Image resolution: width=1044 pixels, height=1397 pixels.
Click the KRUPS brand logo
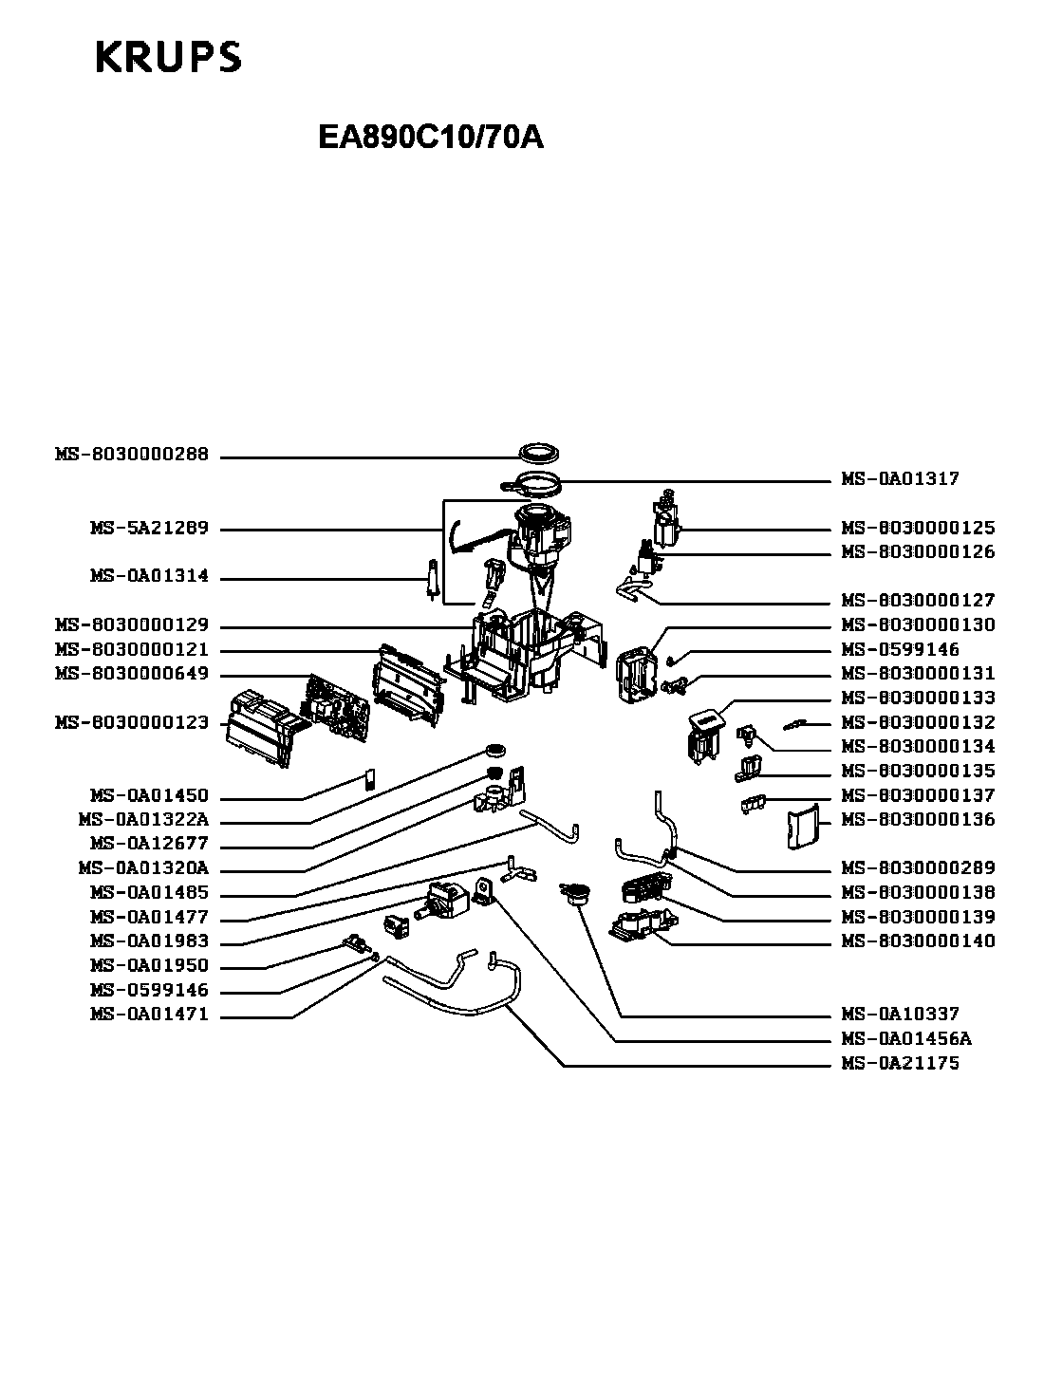pos(169,57)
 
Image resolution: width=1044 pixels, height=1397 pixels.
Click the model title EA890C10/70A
pos(431,137)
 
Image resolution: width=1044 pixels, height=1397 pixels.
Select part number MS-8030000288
pos(132,455)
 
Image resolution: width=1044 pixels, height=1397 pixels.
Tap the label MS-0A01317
pos(901,478)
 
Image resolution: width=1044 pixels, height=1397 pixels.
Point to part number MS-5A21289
pos(150,529)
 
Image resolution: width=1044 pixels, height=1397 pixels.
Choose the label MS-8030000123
pos(132,722)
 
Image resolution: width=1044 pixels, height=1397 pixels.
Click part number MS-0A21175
pos(901,1064)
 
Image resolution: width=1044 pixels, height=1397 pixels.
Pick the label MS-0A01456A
pos(906,1039)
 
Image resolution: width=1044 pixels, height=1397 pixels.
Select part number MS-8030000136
pos(918,820)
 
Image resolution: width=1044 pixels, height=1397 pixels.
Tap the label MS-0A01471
pos(150,1015)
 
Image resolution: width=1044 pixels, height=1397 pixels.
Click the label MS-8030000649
pos(132,674)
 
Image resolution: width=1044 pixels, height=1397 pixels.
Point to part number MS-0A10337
pos(901,1015)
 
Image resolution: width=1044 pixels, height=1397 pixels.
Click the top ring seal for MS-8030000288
pos(539,454)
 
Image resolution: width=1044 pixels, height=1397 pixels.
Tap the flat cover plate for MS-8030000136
pos(802,826)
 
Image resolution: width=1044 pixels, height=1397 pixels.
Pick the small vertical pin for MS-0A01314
pos(433,579)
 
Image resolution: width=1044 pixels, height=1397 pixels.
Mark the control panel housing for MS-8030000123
pos(263,728)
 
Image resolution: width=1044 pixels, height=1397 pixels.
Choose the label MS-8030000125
pos(918,528)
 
